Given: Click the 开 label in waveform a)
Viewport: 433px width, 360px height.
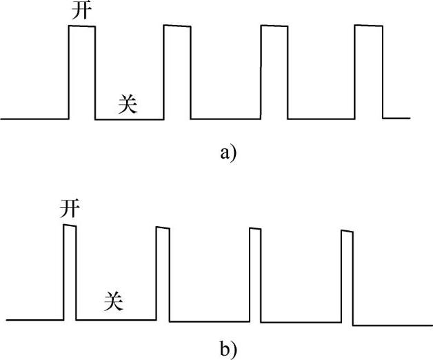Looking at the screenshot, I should click(81, 12).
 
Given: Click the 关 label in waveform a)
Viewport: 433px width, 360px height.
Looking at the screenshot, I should click(129, 104).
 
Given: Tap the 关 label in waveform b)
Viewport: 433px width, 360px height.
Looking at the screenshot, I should click(114, 301).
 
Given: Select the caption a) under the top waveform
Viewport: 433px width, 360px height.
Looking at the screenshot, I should click(228, 152).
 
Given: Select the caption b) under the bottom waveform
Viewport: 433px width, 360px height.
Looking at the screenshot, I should click(228, 348).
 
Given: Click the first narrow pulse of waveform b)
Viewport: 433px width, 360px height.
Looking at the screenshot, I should click(70, 272).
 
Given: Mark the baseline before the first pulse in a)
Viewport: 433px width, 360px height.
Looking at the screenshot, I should click(34, 119).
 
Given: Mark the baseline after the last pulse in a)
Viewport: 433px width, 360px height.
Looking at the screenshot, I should click(396, 118).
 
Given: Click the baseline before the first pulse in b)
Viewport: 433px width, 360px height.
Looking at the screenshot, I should click(34, 321).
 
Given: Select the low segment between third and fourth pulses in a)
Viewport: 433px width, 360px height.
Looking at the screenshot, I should click(321, 119).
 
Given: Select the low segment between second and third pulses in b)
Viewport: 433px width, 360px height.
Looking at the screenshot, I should click(210, 321).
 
